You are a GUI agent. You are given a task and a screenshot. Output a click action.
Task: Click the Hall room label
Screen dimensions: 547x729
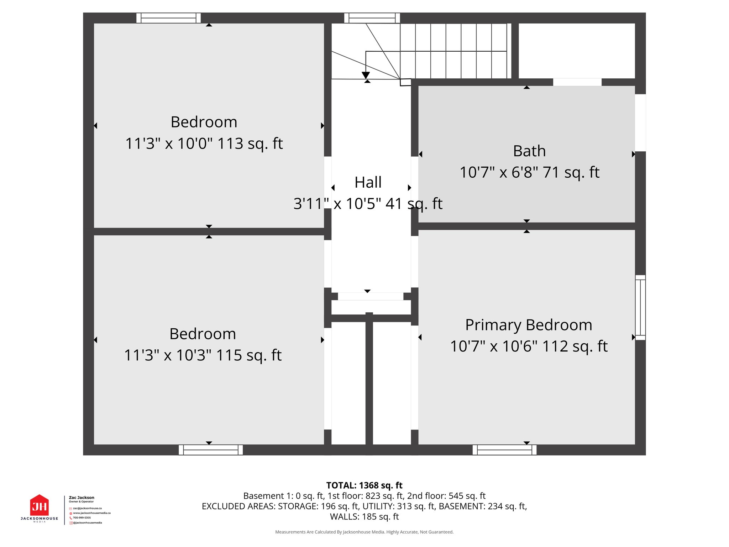click(x=368, y=182)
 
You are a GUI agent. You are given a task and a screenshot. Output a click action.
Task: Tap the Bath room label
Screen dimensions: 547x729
click(x=529, y=151)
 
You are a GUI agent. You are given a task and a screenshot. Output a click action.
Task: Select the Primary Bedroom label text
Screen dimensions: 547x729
click(x=529, y=325)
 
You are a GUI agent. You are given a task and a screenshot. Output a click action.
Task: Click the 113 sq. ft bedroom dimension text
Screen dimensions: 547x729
click(x=204, y=144)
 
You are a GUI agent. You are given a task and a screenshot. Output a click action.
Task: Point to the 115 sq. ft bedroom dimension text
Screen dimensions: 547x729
click(x=203, y=355)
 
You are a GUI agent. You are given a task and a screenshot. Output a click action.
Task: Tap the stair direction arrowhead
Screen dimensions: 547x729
click(x=366, y=75)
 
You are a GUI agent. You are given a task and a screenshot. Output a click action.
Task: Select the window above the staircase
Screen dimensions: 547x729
click(x=372, y=18)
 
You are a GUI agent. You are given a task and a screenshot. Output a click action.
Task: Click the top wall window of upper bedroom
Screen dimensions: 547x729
click(x=168, y=18)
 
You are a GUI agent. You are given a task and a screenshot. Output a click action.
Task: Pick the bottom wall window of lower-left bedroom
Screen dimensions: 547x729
click(x=211, y=450)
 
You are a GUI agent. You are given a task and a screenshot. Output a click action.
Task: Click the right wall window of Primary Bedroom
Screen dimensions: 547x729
click(x=640, y=307)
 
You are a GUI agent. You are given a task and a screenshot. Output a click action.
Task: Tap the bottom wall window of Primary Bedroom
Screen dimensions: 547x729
click(x=504, y=450)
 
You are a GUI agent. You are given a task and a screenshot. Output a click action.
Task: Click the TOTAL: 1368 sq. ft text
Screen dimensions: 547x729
click(x=364, y=485)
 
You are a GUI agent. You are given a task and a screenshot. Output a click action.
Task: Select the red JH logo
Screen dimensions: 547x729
click(x=40, y=506)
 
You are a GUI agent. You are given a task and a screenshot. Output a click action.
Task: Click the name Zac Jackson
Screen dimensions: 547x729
click(x=82, y=497)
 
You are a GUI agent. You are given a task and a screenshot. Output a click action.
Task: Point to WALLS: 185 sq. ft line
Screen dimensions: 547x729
click(x=364, y=517)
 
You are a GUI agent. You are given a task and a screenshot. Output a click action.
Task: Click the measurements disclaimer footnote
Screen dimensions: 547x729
click(x=364, y=532)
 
